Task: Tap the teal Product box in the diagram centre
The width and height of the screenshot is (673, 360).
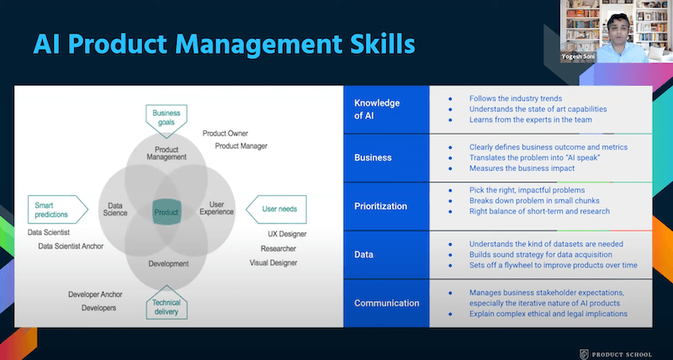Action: click(166, 212)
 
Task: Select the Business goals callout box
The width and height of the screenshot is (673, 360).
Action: click(167, 117)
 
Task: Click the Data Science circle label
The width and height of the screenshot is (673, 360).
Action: click(115, 209)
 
